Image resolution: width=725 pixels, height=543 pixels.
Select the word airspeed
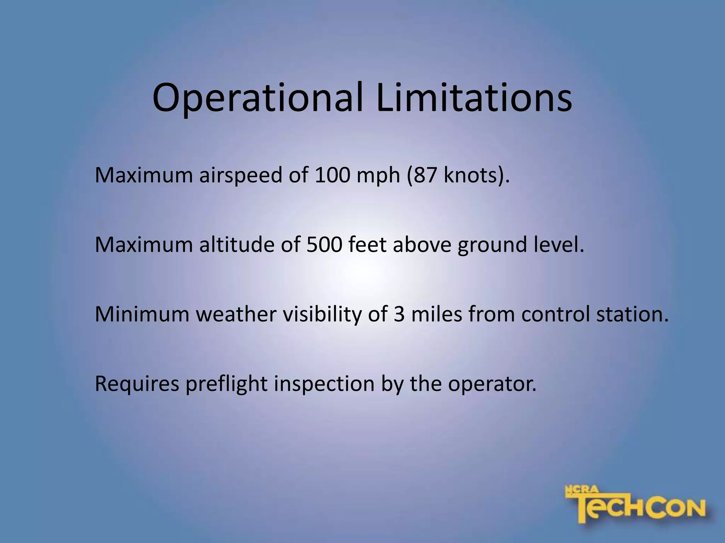click(x=240, y=175)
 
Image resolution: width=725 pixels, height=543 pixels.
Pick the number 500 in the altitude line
click(x=324, y=244)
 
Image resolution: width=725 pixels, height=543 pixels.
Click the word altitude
click(x=236, y=244)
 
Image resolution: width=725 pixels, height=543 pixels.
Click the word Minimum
click(x=142, y=314)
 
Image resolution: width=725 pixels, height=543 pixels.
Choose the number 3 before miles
click(x=399, y=314)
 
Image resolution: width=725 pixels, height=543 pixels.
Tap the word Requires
click(x=137, y=384)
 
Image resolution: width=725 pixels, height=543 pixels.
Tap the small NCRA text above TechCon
click(x=582, y=490)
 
